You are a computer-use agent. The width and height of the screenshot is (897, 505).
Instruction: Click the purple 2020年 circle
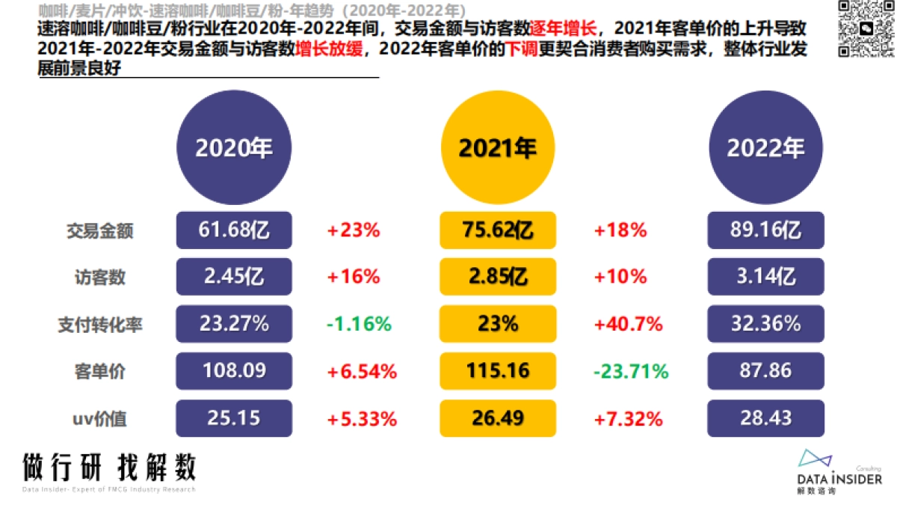(x=234, y=147)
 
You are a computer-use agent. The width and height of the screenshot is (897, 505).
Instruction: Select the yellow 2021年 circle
(x=498, y=147)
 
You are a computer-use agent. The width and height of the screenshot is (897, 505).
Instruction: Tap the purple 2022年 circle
(x=765, y=147)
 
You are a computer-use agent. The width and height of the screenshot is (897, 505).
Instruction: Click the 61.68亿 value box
(x=234, y=230)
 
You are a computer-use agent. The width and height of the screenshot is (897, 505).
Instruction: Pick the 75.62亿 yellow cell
(x=498, y=230)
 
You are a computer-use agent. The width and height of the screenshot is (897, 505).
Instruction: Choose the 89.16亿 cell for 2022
(x=765, y=230)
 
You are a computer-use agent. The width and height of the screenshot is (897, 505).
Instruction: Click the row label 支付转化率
(x=99, y=325)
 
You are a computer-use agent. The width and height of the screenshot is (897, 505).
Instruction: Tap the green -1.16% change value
(x=359, y=325)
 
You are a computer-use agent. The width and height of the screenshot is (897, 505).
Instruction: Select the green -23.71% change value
(x=631, y=371)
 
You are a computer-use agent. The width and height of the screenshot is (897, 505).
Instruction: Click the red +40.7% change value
(x=628, y=325)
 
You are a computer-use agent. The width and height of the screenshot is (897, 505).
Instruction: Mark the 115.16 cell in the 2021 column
(x=498, y=371)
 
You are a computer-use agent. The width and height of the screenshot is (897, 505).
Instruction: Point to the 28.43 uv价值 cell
(x=765, y=418)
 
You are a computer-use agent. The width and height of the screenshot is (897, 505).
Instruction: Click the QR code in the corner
(x=864, y=28)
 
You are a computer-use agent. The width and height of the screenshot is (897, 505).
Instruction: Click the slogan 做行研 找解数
(x=109, y=468)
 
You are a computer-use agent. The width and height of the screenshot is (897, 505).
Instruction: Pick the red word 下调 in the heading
(x=521, y=49)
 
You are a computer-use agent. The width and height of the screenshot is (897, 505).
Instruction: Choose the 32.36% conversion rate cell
(x=765, y=325)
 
